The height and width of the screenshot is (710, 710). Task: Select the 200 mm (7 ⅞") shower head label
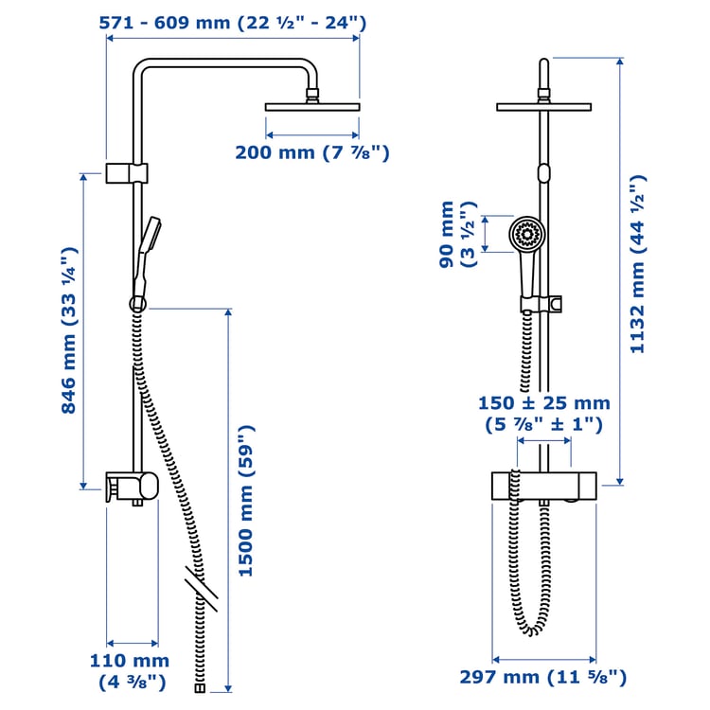tap(312, 152)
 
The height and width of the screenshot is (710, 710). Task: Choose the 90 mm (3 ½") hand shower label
tap(456, 234)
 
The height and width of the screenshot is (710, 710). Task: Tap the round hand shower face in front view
tap(526, 234)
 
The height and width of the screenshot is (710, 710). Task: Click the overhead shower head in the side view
tap(312, 105)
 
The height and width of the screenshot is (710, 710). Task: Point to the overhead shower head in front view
tap(543, 106)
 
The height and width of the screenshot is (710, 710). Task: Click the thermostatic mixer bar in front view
tap(543, 485)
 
